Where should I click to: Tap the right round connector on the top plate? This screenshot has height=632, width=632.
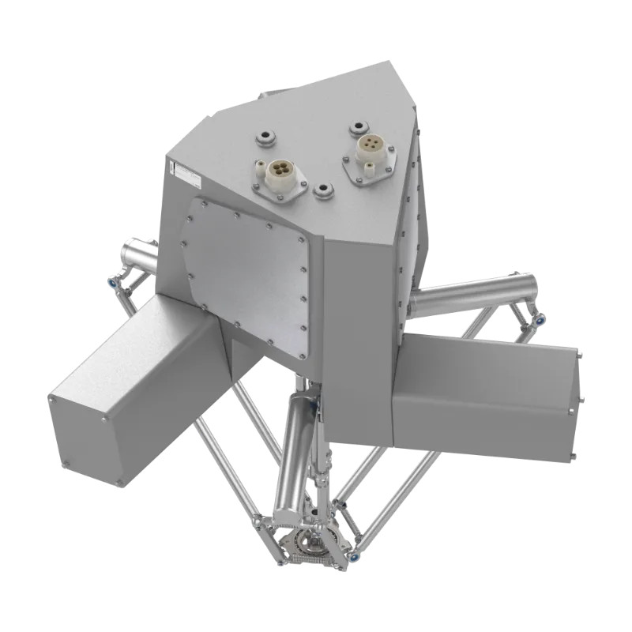pos(369,145)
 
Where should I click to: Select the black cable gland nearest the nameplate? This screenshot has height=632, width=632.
pos(265,139)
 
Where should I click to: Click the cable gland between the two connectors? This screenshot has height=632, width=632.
pos(324,190)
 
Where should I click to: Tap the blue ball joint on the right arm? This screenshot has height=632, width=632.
pos(540,319)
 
